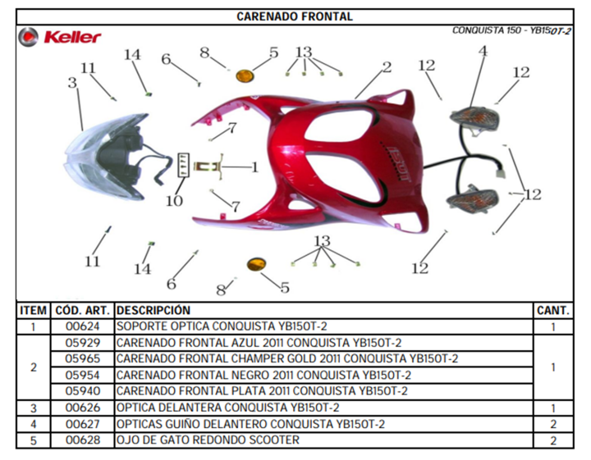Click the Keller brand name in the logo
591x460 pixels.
(x=72, y=37)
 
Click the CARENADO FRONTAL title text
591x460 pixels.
(x=295, y=16)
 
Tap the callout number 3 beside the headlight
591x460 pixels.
(x=72, y=83)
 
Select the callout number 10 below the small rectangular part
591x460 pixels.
(x=174, y=201)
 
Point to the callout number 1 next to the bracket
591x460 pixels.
(x=254, y=167)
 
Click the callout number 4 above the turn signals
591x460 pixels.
(x=483, y=51)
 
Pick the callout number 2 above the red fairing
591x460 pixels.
(x=387, y=67)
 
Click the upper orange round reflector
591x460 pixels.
(x=245, y=75)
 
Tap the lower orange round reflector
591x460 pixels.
(x=257, y=265)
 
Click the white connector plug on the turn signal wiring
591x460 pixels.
(x=502, y=174)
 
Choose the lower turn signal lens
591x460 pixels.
(x=472, y=198)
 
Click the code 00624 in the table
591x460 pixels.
(x=83, y=326)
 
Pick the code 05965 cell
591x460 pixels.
(x=83, y=359)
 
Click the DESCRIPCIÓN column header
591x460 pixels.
(x=153, y=310)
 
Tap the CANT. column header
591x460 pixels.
(x=553, y=311)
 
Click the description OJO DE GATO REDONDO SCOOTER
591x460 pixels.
(x=208, y=440)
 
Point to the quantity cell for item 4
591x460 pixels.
(x=553, y=424)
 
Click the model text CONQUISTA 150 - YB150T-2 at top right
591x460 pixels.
(x=511, y=30)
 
